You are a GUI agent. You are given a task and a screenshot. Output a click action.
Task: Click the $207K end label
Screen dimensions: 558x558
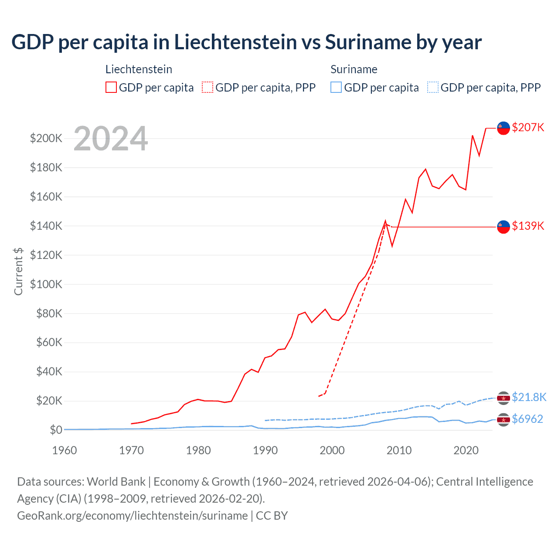528,127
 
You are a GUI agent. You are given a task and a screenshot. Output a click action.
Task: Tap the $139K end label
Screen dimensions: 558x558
528,226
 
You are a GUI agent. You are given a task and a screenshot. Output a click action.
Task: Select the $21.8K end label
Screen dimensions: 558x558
529,397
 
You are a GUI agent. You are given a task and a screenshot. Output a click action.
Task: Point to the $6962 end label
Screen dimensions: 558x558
527,419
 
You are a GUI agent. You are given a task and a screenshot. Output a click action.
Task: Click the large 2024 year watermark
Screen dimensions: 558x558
111,139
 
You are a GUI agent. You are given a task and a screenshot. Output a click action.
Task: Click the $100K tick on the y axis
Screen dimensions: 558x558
46,284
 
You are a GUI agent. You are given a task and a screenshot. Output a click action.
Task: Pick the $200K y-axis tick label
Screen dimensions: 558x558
46,139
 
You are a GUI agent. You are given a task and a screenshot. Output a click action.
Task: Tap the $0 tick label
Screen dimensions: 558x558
56,430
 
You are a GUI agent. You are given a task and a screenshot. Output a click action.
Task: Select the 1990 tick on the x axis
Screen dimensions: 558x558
265,450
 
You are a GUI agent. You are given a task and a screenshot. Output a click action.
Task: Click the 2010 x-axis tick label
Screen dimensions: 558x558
399,450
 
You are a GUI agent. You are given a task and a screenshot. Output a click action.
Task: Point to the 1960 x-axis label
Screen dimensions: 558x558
65,450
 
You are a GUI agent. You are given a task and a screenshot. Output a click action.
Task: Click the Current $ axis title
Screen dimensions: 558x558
18,271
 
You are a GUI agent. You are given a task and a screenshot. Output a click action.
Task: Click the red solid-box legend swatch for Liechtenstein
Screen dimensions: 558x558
111,87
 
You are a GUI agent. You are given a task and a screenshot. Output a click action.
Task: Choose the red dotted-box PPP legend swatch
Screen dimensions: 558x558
208,87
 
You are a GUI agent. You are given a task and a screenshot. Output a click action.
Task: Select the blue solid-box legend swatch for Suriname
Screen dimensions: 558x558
336,87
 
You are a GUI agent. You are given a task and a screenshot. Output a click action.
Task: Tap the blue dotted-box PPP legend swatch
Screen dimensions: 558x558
433,87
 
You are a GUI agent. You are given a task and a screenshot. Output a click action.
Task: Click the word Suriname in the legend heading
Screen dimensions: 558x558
354,69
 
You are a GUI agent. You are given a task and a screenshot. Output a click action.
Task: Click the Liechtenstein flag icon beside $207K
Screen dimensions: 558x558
504,128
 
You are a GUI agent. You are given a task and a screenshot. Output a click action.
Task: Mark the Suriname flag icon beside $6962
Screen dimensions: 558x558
504,419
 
